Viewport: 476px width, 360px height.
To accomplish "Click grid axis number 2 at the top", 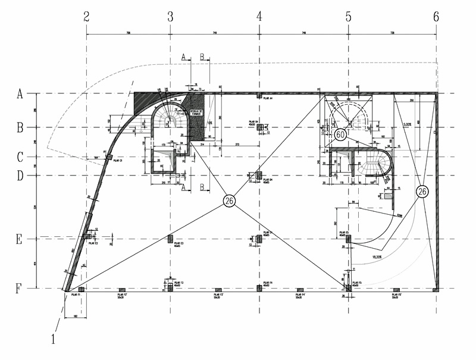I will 87,17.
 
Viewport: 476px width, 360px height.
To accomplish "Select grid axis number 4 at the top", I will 259,17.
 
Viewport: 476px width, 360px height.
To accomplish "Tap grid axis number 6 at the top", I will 436,17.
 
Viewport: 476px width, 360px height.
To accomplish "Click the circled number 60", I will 340,134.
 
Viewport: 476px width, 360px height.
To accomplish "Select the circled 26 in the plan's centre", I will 229,201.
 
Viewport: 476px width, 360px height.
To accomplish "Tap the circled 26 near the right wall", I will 422,192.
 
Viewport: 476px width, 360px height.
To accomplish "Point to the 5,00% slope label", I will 407,124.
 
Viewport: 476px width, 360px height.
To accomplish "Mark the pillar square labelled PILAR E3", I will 170,239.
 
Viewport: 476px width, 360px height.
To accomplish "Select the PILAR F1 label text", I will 76,295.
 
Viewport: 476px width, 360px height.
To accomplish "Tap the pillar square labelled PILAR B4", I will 259,127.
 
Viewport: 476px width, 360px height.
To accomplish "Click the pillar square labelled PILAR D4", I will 259,174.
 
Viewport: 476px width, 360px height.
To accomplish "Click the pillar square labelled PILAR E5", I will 349,239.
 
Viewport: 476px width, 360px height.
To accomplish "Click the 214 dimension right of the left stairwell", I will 202,145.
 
